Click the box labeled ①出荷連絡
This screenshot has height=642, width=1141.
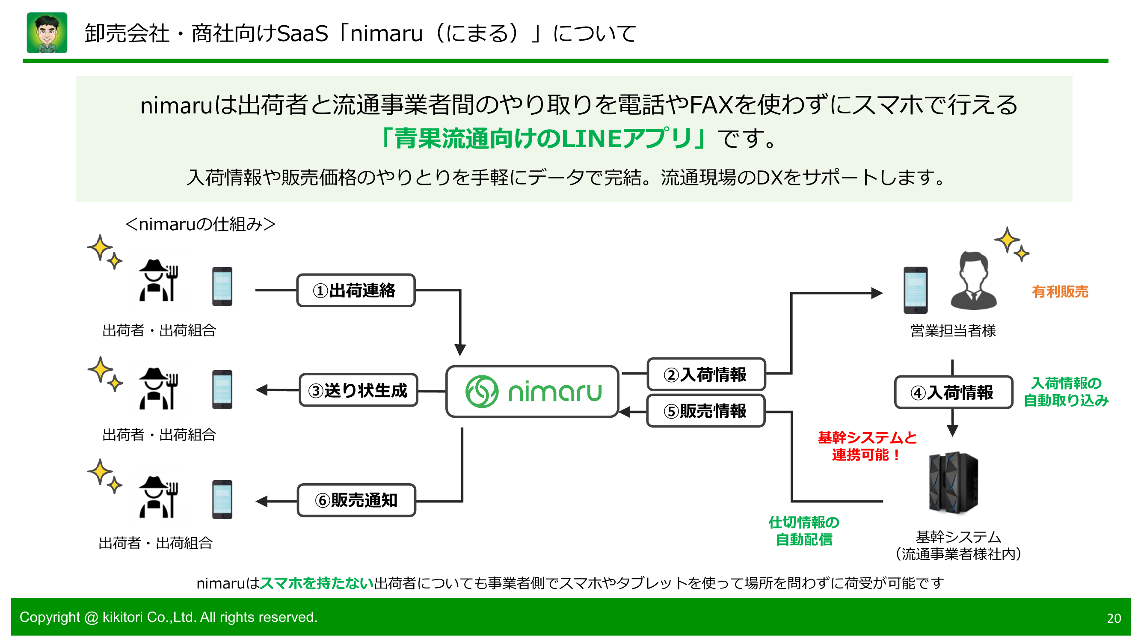[x=356, y=290]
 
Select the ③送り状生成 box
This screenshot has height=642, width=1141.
[x=359, y=390]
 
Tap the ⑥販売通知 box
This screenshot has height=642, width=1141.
[x=356, y=500]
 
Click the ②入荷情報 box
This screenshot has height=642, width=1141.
[x=706, y=374]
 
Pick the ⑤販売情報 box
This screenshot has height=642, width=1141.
[x=706, y=411]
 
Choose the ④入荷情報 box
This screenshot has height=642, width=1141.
[x=953, y=392]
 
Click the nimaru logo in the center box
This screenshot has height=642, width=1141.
[x=533, y=392]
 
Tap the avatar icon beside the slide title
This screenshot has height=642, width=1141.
[x=47, y=33]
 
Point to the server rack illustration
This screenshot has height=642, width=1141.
[x=954, y=482]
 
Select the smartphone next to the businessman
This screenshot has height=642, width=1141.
[x=916, y=290]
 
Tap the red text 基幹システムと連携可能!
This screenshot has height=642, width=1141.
[x=867, y=446]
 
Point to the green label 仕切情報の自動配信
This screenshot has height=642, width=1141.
[x=804, y=531]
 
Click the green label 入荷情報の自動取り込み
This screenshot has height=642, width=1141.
[x=1066, y=392]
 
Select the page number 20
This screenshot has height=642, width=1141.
[x=1114, y=618]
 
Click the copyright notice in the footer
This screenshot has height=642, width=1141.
[x=168, y=617]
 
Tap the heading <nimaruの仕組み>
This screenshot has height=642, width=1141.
[x=200, y=224]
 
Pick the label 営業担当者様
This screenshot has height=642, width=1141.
[x=953, y=330]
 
